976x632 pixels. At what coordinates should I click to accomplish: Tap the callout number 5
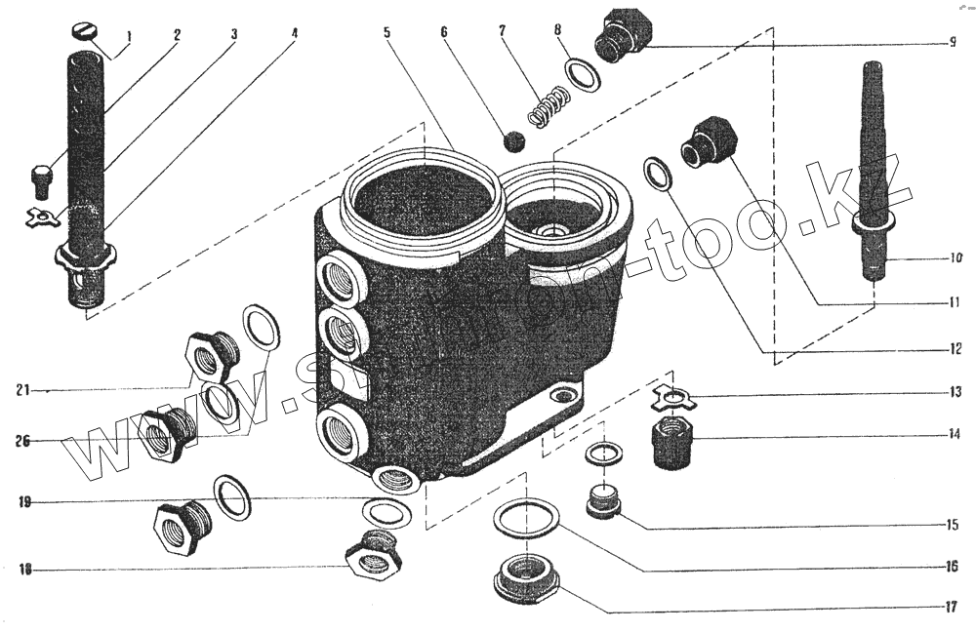[x=386, y=32]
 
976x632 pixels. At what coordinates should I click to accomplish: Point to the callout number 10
[x=954, y=259]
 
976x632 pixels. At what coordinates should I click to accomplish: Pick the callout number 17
[x=950, y=607]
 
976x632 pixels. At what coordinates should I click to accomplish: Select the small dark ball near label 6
[x=512, y=142]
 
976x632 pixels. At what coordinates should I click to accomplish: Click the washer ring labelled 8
[x=584, y=74]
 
